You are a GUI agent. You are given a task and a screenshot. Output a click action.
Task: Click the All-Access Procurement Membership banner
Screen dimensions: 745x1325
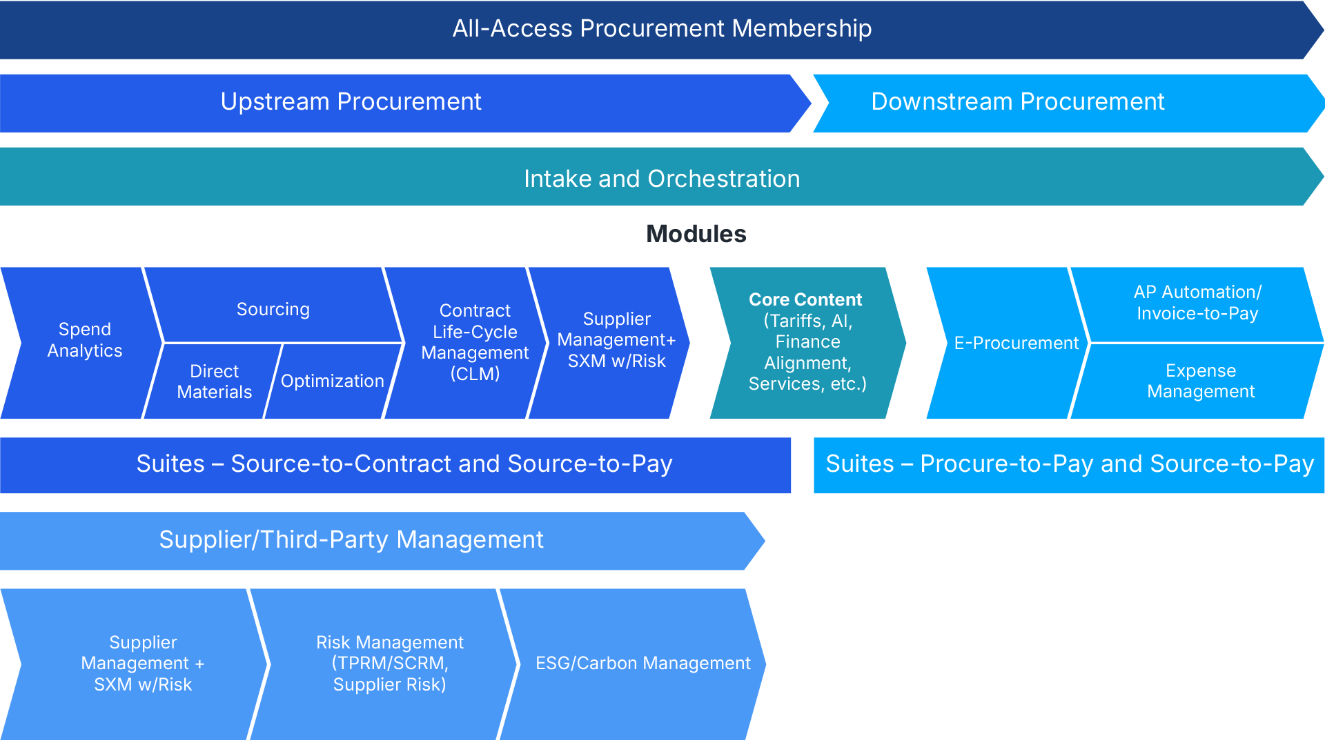(661, 29)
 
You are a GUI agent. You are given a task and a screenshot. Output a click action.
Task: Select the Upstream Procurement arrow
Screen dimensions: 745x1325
(351, 102)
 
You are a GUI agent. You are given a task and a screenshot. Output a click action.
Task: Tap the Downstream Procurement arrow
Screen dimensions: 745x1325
(1017, 102)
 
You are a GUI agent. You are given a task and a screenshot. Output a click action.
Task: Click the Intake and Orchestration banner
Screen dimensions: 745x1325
(661, 179)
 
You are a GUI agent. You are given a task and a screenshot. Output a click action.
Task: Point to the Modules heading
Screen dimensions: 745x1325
(696, 235)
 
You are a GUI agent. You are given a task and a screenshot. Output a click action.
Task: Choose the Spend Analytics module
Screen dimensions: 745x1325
(84, 340)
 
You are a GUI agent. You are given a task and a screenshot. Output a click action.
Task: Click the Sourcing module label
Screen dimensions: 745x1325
(273, 309)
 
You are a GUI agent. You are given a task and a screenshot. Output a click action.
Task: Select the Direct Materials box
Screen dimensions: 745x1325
(214, 381)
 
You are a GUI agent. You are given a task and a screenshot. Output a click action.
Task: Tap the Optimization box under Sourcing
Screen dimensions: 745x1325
(332, 381)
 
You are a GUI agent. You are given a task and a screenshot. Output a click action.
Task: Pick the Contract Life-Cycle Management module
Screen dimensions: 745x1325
(475, 342)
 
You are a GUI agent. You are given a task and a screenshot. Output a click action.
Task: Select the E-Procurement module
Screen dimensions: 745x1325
(1015, 343)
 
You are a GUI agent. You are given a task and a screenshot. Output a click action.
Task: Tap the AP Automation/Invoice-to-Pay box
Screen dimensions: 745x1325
(1197, 303)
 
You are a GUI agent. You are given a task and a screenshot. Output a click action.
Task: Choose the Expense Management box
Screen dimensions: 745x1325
(1200, 381)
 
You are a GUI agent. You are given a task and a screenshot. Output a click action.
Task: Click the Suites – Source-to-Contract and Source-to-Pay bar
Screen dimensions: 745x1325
(404, 464)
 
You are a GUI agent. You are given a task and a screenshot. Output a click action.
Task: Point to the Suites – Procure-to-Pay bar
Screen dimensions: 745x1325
(1069, 464)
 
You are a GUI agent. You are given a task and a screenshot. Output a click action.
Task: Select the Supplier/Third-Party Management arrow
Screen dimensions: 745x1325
(351, 540)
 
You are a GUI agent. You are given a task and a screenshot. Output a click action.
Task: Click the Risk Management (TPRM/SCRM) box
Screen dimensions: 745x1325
(389, 663)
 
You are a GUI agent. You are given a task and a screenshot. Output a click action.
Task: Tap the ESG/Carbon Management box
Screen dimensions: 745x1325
(642, 663)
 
